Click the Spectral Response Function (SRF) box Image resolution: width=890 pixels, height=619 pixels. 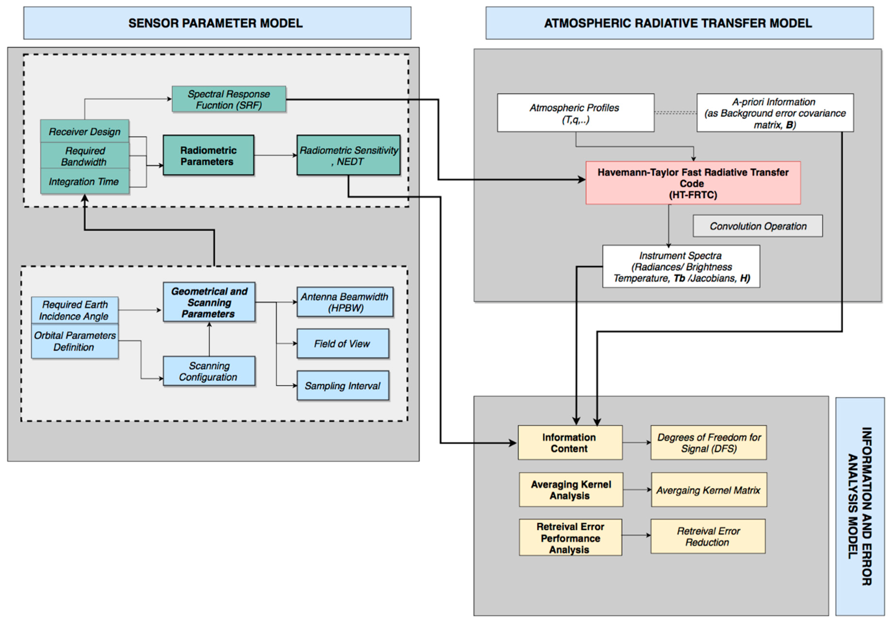(x=229, y=99)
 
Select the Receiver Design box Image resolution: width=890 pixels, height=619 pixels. (x=84, y=131)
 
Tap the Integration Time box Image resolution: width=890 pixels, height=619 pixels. (x=84, y=181)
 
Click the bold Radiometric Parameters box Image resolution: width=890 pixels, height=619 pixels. (x=208, y=155)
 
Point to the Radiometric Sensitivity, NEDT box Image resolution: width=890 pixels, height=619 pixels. (x=348, y=155)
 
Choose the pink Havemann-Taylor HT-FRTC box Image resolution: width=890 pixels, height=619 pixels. (x=693, y=183)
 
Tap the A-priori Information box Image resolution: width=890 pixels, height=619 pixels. (x=775, y=113)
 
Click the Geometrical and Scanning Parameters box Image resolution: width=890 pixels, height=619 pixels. (x=209, y=302)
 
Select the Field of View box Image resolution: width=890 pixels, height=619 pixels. (x=342, y=344)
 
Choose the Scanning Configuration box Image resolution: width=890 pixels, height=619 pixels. (x=209, y=371)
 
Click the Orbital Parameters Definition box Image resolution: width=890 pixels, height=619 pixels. (x=75, y=341)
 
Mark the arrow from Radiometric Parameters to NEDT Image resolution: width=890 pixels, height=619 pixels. (x=275, y=155)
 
